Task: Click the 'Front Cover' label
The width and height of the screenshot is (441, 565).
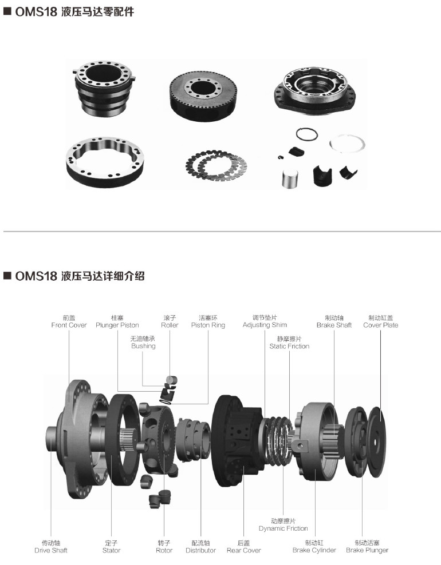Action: point(69,325)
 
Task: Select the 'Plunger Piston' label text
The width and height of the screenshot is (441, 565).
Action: point(117,325)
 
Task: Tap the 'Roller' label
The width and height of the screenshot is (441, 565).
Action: point(170,325)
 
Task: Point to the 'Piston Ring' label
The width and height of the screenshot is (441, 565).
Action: point(208,325)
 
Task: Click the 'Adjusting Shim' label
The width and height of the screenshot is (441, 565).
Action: point(265,325)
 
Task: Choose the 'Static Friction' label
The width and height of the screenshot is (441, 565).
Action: point(289,347)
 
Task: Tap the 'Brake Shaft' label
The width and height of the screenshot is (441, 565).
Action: point(334,325)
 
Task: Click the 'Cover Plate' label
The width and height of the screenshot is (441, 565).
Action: point(381,325)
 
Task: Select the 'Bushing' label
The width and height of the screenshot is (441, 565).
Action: point(143,347)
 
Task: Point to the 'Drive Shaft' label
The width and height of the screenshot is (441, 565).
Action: point(51,550)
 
